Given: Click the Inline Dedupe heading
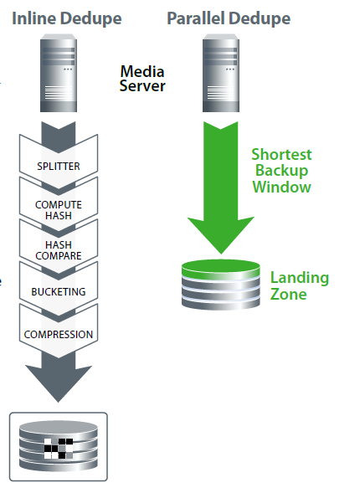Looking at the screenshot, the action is tap(67, 18).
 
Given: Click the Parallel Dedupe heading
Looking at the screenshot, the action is tap(229, 18).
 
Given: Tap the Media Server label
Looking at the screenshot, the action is tap(142, 79).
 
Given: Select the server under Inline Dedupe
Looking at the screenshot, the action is tap(59, 73).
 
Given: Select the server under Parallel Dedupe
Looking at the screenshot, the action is tap(221, 73).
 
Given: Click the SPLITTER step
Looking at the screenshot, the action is tap(59, 167).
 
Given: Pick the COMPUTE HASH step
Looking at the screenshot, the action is tap(59, 210).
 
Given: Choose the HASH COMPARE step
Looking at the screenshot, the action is tap(59, 250).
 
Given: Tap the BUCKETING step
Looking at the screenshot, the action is tap(59, 291).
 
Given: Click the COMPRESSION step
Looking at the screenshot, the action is tap(59, 334).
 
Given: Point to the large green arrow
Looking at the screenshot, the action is tap(221, 187).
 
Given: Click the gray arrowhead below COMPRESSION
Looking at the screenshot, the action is tap(59, 383).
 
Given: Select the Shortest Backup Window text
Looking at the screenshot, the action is tap(281, 171).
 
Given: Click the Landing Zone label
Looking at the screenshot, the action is tap(300, 285).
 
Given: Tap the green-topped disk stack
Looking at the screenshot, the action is tap(221, 285).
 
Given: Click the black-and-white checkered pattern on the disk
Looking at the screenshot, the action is tap(59, 449).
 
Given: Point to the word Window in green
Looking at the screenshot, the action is tap(281, 187).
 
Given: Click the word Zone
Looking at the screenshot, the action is tap(289, 294).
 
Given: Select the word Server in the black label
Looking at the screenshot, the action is tap(142, 86).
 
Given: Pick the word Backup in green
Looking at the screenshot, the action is tap(281, 171).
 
